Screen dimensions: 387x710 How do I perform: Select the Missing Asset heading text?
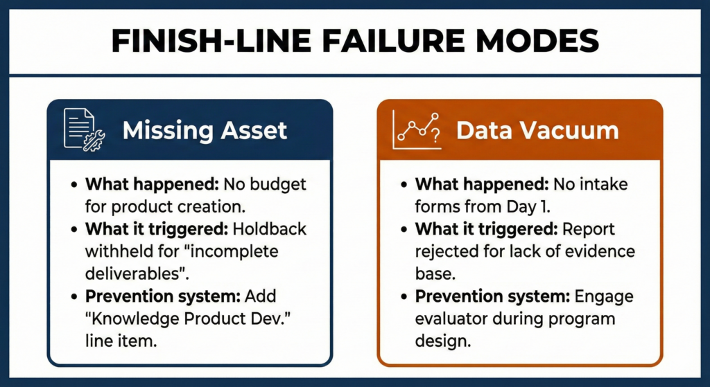coord(205,130)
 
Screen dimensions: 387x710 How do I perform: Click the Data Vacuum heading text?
coord(537,130)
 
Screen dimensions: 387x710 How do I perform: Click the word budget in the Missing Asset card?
coord(279,186)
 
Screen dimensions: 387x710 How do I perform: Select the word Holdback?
coord(272,230)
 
